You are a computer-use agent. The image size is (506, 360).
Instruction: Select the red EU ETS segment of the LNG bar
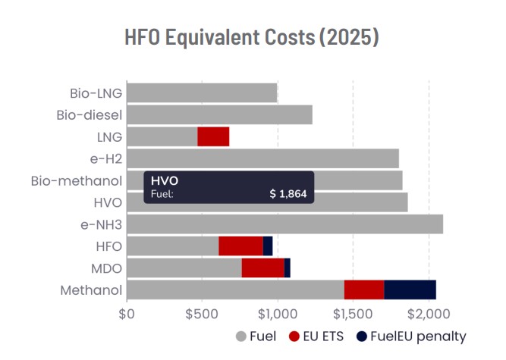coord(213,136)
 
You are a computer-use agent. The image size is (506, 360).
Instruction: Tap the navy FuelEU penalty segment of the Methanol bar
coord(410,290)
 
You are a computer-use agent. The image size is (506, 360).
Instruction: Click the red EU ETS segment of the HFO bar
coord(240,246)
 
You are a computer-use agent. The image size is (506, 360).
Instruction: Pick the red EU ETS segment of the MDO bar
coord(262,268)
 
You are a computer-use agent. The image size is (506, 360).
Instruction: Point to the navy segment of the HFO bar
coord(268,246)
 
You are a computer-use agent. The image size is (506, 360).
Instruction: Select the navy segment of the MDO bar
coord(287,268)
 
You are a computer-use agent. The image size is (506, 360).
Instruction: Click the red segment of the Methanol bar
coord(364,290)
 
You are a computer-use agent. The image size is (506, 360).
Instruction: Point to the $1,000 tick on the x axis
coord(278,312)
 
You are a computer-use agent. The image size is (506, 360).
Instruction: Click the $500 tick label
coord(202,312)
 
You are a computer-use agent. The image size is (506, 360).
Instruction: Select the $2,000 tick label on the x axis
coord(429,312)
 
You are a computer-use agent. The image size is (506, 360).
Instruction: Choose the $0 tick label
coord(127,312)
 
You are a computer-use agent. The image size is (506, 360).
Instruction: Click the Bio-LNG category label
coord(94,93)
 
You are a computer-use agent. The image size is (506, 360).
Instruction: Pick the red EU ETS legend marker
coord(293,336)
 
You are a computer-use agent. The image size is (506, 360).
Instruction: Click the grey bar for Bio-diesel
coord(220,114)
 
